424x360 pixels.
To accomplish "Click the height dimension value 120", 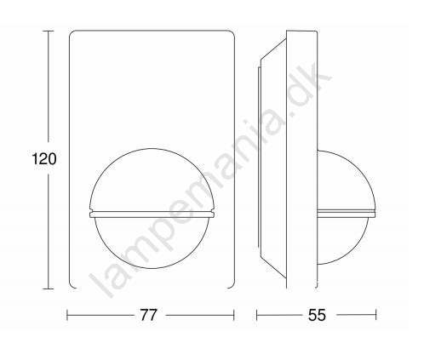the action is click(x=44, y=159).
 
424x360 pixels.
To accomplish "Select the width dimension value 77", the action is click(x=148, y=315).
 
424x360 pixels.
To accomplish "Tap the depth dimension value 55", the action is click(x=318, y=315).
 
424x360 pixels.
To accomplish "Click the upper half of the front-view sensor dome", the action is click(x=152, y=150).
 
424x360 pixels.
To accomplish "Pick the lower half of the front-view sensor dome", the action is click(x=152, y=267).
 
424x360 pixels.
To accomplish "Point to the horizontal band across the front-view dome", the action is click(x=152, y=214).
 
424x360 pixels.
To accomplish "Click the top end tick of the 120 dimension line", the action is click(x=48, y=31).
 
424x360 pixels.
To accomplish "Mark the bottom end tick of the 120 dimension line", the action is click(x=48, y=289).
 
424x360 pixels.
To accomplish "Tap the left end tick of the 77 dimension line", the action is click(x=67, y=315).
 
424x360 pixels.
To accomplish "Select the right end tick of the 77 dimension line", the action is click(x=234, y=315).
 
